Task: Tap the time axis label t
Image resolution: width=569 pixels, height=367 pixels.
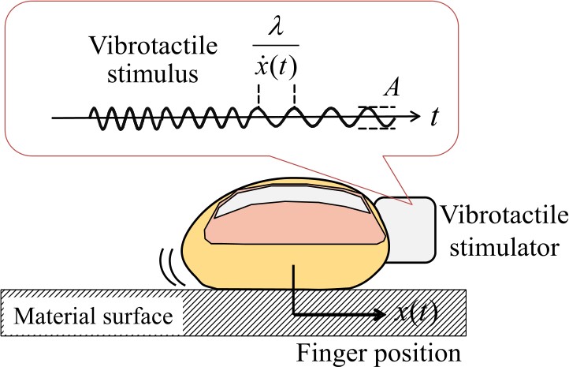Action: (435, 118)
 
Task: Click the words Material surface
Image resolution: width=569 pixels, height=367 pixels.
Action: (92, 317)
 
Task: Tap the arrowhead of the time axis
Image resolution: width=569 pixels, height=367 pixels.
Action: (415, 118)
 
